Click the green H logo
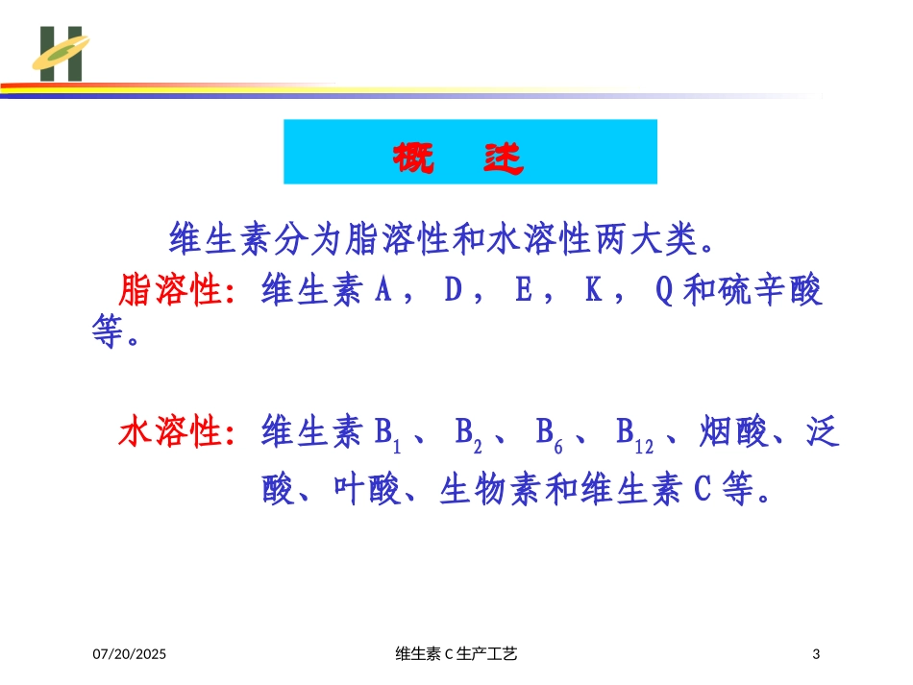tap(61, 54)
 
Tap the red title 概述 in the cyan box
tap(458, 158)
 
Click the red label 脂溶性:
tap(178, 290)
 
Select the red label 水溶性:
tap(178, 431)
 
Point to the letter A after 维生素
tap(383, 289)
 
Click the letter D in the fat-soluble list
tap(453, 289)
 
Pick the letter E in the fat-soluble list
tap(524, 289)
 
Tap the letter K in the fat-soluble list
tap(593, 289)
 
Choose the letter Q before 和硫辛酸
tap(664, 290)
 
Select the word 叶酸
tap(367, 489)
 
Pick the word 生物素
tap(491, 489)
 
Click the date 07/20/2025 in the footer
tap(130, 654)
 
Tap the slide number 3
tap(816, 654)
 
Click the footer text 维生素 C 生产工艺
tap(456, 654)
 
